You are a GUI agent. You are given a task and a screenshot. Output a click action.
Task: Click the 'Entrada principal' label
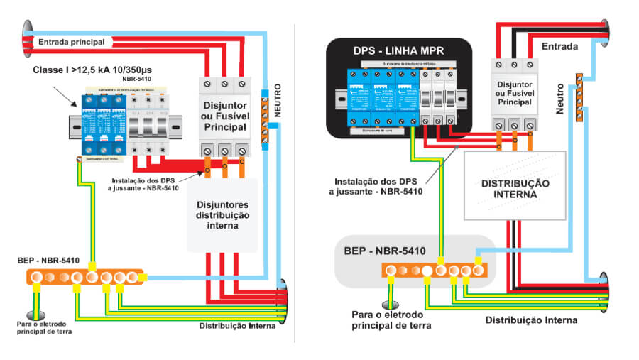pos(71,42)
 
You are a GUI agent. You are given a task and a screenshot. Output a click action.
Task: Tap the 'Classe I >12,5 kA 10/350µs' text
pos(98,70)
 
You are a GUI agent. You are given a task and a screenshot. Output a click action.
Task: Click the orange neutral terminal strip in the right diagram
pos(579,97)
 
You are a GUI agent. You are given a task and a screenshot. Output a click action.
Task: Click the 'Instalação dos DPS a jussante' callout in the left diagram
pos(146,183)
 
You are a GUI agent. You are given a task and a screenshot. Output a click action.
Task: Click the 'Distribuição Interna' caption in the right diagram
pos(531,320)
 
